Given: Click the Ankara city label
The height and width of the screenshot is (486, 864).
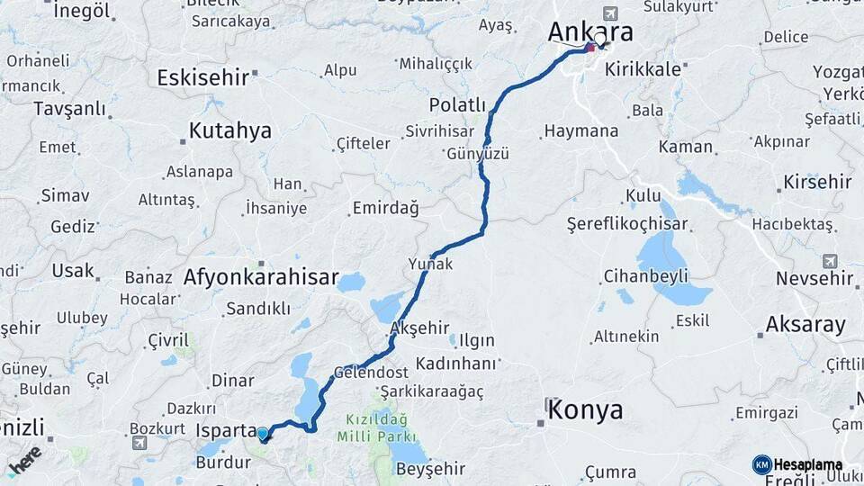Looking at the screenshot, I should [590, 31].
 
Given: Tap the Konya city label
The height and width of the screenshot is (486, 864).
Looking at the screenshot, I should [585, 411].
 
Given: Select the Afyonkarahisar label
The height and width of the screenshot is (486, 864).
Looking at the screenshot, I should [261, 277].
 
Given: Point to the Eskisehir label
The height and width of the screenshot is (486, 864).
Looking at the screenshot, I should [202, 77].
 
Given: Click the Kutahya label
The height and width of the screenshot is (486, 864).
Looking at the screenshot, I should [229, 131].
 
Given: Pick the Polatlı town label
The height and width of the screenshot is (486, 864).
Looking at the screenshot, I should [457, 104].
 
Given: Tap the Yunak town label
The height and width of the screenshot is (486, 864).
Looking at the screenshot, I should [430, 264].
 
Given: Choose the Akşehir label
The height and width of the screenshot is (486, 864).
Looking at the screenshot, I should [421, 328].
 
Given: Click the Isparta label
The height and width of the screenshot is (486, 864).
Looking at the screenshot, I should [226, 431].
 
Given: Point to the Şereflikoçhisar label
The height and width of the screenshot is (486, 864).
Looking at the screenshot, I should [627, 224].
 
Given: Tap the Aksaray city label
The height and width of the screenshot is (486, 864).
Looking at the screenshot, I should [805, 325].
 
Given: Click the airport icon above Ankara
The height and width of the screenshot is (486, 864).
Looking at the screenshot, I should [612, 13].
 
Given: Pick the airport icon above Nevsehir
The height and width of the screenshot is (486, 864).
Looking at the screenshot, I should [829, 261].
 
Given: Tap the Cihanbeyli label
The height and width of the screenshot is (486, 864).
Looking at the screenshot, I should [646, 275].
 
